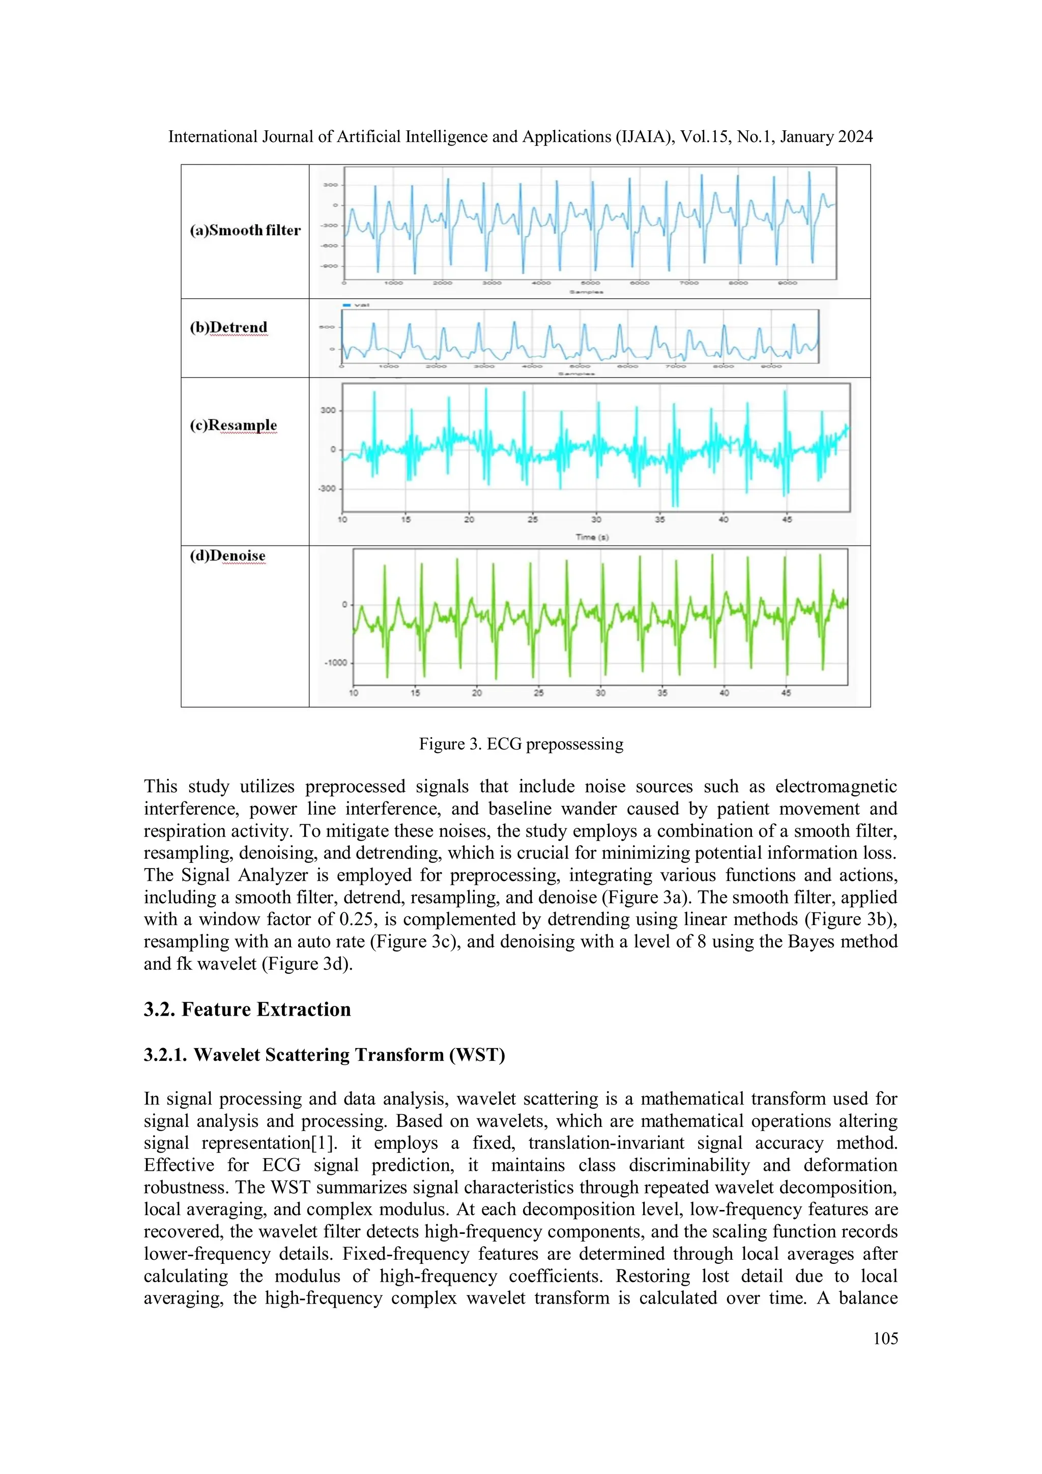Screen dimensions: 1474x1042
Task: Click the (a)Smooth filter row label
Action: pos(245,230)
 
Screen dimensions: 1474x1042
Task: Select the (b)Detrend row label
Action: pos(228,327)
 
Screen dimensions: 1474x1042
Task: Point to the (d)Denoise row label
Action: pos(227,556)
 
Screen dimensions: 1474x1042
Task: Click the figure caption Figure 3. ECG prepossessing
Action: pos(520,744)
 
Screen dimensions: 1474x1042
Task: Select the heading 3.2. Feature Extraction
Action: pos(247,1009)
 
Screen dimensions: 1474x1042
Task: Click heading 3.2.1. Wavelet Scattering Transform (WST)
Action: pos(324,1055)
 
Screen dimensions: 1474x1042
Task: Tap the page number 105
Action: pos(885,1339)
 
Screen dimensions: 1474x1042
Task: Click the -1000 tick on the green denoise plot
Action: pos(335,662)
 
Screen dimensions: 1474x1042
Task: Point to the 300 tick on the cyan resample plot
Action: pos(328,410)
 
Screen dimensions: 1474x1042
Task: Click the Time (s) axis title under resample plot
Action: pos(591,537)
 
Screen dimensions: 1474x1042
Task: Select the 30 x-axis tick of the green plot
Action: pos(600,692)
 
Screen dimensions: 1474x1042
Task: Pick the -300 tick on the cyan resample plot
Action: pos(326,488)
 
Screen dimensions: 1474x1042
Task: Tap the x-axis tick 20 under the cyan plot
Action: pos(469,519)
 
